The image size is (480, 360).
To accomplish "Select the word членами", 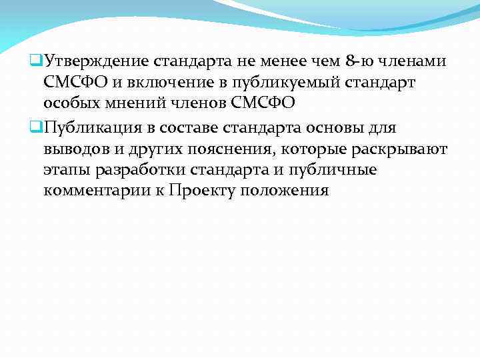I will [412, 63].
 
